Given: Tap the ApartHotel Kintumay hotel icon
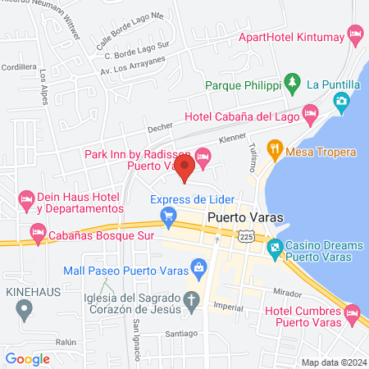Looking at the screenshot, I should click(x=355, y=34).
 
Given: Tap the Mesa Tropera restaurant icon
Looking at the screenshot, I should click(x=275, y=151).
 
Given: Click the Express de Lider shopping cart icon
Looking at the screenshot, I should click(x=169, y=217).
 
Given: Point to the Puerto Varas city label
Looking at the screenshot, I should click(x=242, y=217).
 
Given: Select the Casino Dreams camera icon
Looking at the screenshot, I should click(x=275, y=246).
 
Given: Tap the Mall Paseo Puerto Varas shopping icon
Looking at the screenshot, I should click(x=198, y=266).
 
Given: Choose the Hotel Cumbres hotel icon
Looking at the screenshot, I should click(x=352, y=312).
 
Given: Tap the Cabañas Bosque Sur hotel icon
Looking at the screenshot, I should click(x=37, y=232).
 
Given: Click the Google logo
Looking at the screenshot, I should click(x=27, y=358).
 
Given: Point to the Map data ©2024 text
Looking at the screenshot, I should click(x=332, y=362).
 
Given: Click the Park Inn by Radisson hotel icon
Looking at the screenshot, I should click(x=202, y=156).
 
